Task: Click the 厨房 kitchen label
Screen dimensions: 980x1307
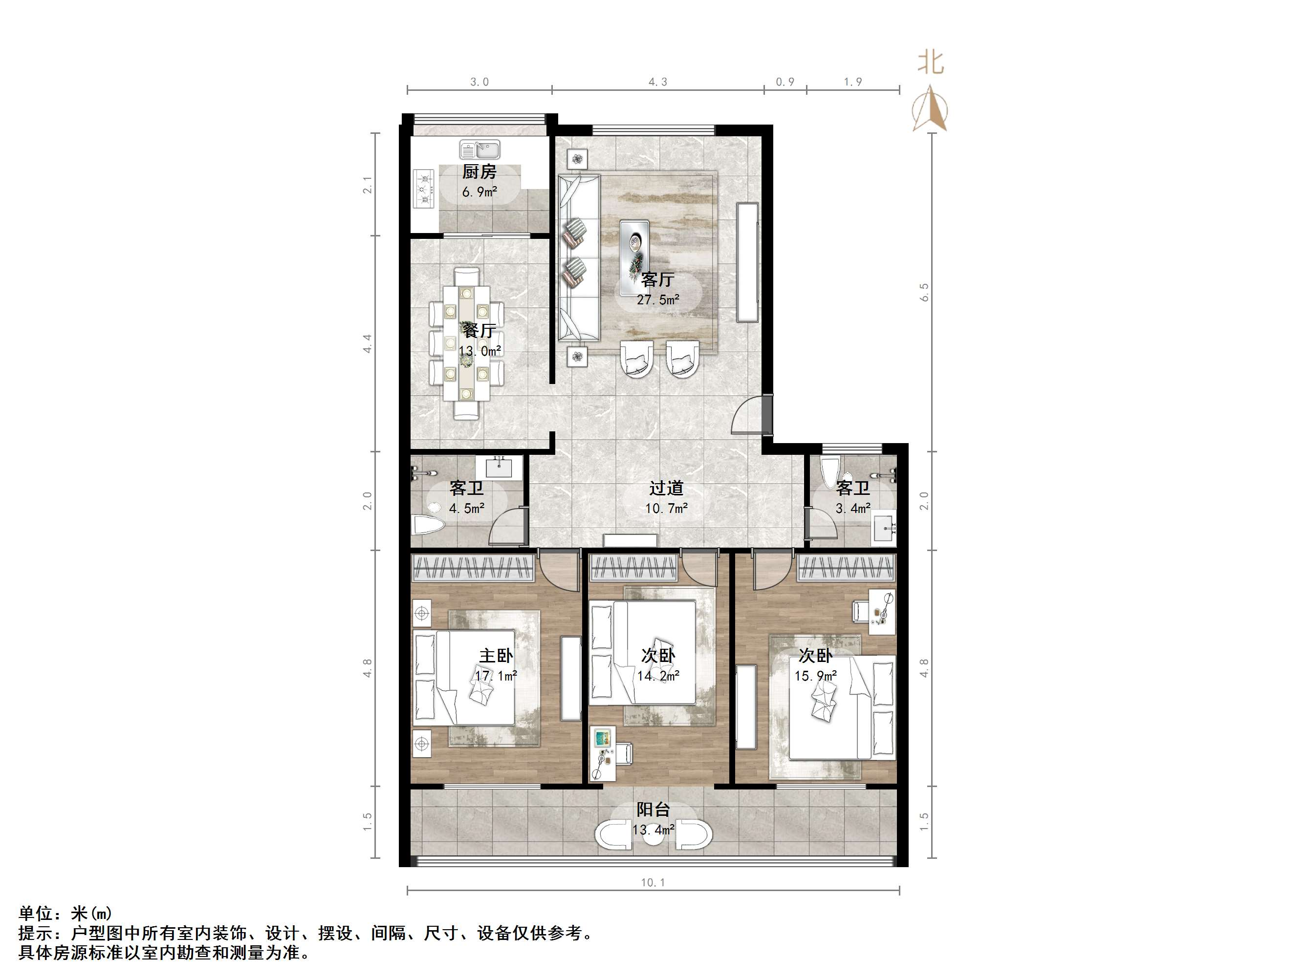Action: click(x=479, y=172)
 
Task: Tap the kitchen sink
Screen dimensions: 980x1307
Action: click(x=480, y=149)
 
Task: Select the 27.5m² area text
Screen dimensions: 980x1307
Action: click(x=657, y=299)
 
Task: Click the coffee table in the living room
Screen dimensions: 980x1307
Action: click(x=634, y=248)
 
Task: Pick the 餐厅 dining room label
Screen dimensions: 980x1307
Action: click(x=479, y=330)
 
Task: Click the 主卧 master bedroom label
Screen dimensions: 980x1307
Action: click(x=496, y=655)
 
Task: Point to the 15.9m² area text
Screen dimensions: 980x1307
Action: click(x=815, y=676)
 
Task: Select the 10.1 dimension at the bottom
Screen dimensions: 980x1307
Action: click(x=653, y=882)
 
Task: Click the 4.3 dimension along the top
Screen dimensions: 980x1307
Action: click(x=657, y=82)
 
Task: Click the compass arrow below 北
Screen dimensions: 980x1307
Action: click(x=931, y=109)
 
